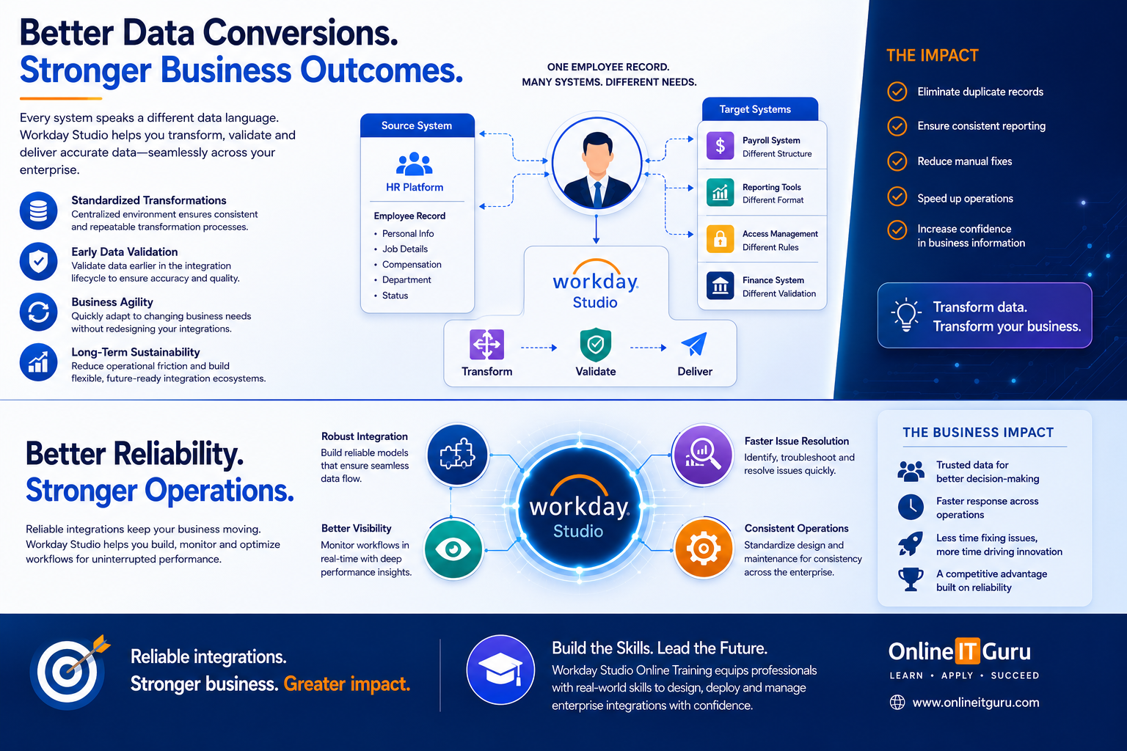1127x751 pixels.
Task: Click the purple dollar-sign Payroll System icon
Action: (x=720, y=146)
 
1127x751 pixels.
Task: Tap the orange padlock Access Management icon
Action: (x=720, y=238)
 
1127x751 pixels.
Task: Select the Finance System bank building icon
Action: (x=720, y=286)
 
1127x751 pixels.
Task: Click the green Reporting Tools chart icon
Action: (x=720, y=192)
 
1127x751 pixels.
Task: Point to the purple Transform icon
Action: (x=486, y=345)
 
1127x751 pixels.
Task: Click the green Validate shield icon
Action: (x=596, y=345)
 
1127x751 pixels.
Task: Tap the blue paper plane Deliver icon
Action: (x=694, y=344)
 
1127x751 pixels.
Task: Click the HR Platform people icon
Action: (x=415, y=164)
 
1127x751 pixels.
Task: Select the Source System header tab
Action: (x=417, y=125)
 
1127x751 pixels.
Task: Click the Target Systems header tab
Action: (x=759, y=109)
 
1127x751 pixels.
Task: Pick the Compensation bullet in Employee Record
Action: (x=412, y=265)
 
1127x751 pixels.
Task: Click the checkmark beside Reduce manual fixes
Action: (x=897, y=161)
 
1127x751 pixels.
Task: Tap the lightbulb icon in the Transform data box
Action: (x=906, y=315)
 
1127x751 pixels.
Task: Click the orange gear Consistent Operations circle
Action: (x=704, y=549)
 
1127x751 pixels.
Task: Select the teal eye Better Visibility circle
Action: (x=454, y=549)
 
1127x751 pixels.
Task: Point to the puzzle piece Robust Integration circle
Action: (x=457, y=455)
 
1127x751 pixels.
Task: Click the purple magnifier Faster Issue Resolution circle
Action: (x=703, y=455)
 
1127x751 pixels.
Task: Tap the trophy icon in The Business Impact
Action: (x=911, y=579)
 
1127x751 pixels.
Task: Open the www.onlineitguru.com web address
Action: (x=976, y=703)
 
